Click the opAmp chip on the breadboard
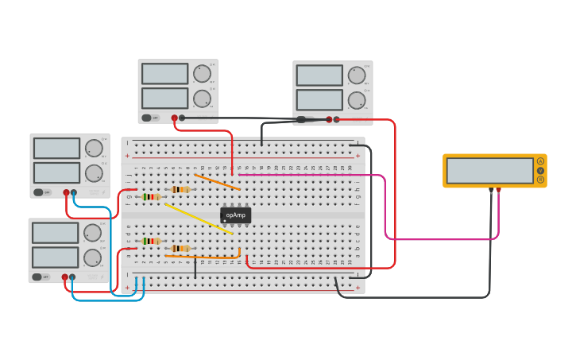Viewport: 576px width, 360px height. (235, 215)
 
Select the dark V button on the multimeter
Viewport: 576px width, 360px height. (540, 170)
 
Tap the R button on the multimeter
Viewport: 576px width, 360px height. (540, 180)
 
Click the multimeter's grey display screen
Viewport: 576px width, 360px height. (489, 170)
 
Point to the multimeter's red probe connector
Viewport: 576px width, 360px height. (498, 190)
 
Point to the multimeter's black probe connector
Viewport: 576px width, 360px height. (491, 190)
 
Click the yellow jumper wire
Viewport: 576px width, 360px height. (199, 219)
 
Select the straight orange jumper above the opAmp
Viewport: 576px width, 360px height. (217, 182)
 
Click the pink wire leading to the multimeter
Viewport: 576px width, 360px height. (385, 207)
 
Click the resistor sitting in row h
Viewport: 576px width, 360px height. (180, 189)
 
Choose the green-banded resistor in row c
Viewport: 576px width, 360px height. (150, 241)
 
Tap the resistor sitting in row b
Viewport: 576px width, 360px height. (180, 248)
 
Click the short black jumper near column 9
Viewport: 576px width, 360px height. (195, 269)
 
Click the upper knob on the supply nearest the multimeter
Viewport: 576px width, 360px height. (357, 75)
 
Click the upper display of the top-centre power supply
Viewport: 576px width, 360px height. (164, 74)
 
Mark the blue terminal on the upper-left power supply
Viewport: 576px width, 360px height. (74, 192)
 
